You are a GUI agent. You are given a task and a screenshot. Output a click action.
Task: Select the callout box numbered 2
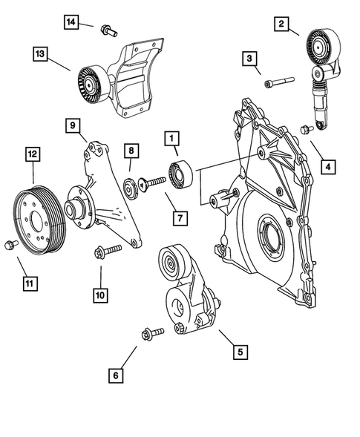click(282, 25)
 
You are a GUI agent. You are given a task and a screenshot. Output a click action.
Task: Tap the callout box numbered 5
click(240, 349)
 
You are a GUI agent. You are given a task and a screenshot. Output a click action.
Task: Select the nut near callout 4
click(305, 131)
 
